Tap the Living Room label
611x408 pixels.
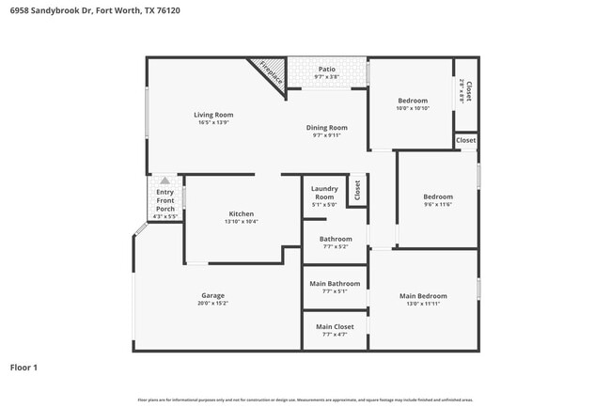click(214, 115)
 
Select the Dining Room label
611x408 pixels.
click(327, 128)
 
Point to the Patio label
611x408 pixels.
click(326, 69)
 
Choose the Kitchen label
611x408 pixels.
click(242, 213)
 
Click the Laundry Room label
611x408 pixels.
click(323, 193)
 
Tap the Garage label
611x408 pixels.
click(213, 295)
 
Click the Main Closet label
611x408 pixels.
click(336, 326)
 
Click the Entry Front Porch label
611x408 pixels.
click(165, 199)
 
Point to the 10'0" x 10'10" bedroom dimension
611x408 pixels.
click(413, 108)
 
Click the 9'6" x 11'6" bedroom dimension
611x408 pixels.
click(438, 204)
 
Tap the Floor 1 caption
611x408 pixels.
click(23, 368)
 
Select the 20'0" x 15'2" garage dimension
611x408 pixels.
click(213, 303)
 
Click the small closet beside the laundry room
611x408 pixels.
click(357, 190)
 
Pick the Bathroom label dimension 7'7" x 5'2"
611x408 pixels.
click(336, 246)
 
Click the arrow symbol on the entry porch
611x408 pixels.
click(165, 180)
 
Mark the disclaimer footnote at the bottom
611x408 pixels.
click(305, 400)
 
